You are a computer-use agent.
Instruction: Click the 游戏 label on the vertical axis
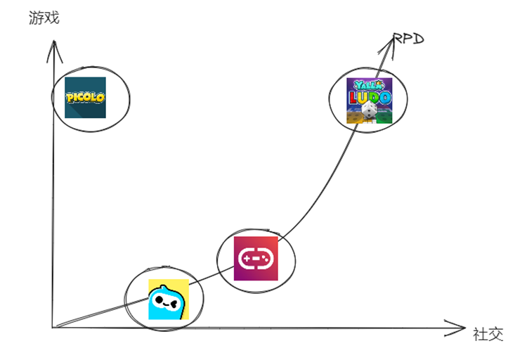click(44, 18)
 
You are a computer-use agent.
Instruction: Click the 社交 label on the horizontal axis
click(488, 334)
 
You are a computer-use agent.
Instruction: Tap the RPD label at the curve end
click(409, 38)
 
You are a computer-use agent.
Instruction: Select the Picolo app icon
click(85, 98)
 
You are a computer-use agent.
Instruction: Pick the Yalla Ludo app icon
click(368, 101)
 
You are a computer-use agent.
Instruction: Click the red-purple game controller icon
click(256, 259)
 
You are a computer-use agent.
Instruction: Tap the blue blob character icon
click(169, 300)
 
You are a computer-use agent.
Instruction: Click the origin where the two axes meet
click(53, 328)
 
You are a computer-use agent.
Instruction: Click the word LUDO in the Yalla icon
click(369, 97)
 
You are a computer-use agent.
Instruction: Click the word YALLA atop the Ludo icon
click(367, 85)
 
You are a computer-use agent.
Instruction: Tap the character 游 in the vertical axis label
click(37, 18)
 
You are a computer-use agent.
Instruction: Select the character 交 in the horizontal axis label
click(496, 334)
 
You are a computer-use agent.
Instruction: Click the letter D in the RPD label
click(418, 38)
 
